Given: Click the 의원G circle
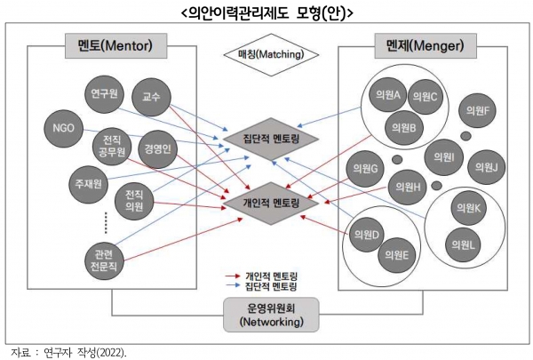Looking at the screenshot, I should (x=366, y=168).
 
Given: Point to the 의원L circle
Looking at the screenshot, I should (x=462, y=242).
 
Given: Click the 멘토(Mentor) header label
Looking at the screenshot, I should (x=108, y=44).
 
